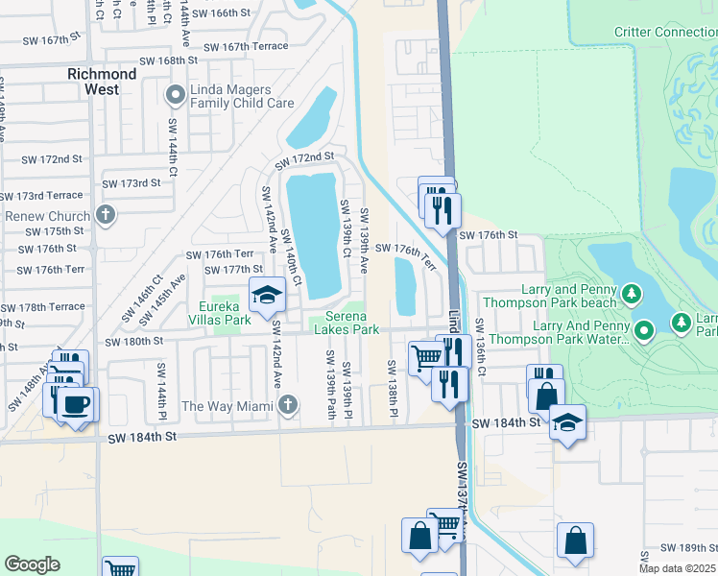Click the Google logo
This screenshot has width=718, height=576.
(x=32, y=564)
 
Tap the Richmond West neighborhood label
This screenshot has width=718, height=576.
(x=102, y=82)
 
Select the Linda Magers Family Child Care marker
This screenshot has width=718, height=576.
(x=175, y=95)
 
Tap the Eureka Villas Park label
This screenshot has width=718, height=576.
(x=225, y=313)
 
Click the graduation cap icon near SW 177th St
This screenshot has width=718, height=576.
(x=268, y=295)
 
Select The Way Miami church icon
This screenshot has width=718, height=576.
(x=287, y=405)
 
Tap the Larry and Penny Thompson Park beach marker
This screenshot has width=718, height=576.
(x=631, y=292)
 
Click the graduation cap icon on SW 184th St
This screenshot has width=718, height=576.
(x=567, y=422)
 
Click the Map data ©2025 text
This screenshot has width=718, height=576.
(x=678, y=568)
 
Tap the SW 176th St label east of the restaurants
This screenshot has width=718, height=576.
(x=488, y=235)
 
